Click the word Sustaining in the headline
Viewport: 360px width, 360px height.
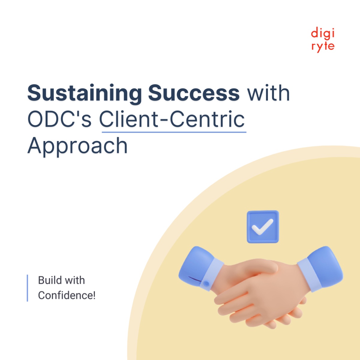coord(84,93)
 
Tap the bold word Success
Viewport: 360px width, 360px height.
coord(193,93)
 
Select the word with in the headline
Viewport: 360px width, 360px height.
coord(268,93)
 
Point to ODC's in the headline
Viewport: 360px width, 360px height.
coord(59,119)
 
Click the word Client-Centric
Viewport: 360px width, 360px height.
coord(172,119)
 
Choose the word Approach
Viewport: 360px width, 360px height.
coord(78,145)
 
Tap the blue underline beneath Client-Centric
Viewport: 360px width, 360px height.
coord(174,132)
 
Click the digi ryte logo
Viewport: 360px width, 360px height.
coord(323,40)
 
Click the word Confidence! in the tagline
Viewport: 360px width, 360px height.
coord(67,295)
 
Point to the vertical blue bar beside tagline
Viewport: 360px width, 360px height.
coord(27,288)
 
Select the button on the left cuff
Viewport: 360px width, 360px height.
coord(206,283)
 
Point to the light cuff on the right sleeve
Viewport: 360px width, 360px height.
coord(307,274)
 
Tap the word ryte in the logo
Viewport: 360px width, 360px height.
coord(323,46)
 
